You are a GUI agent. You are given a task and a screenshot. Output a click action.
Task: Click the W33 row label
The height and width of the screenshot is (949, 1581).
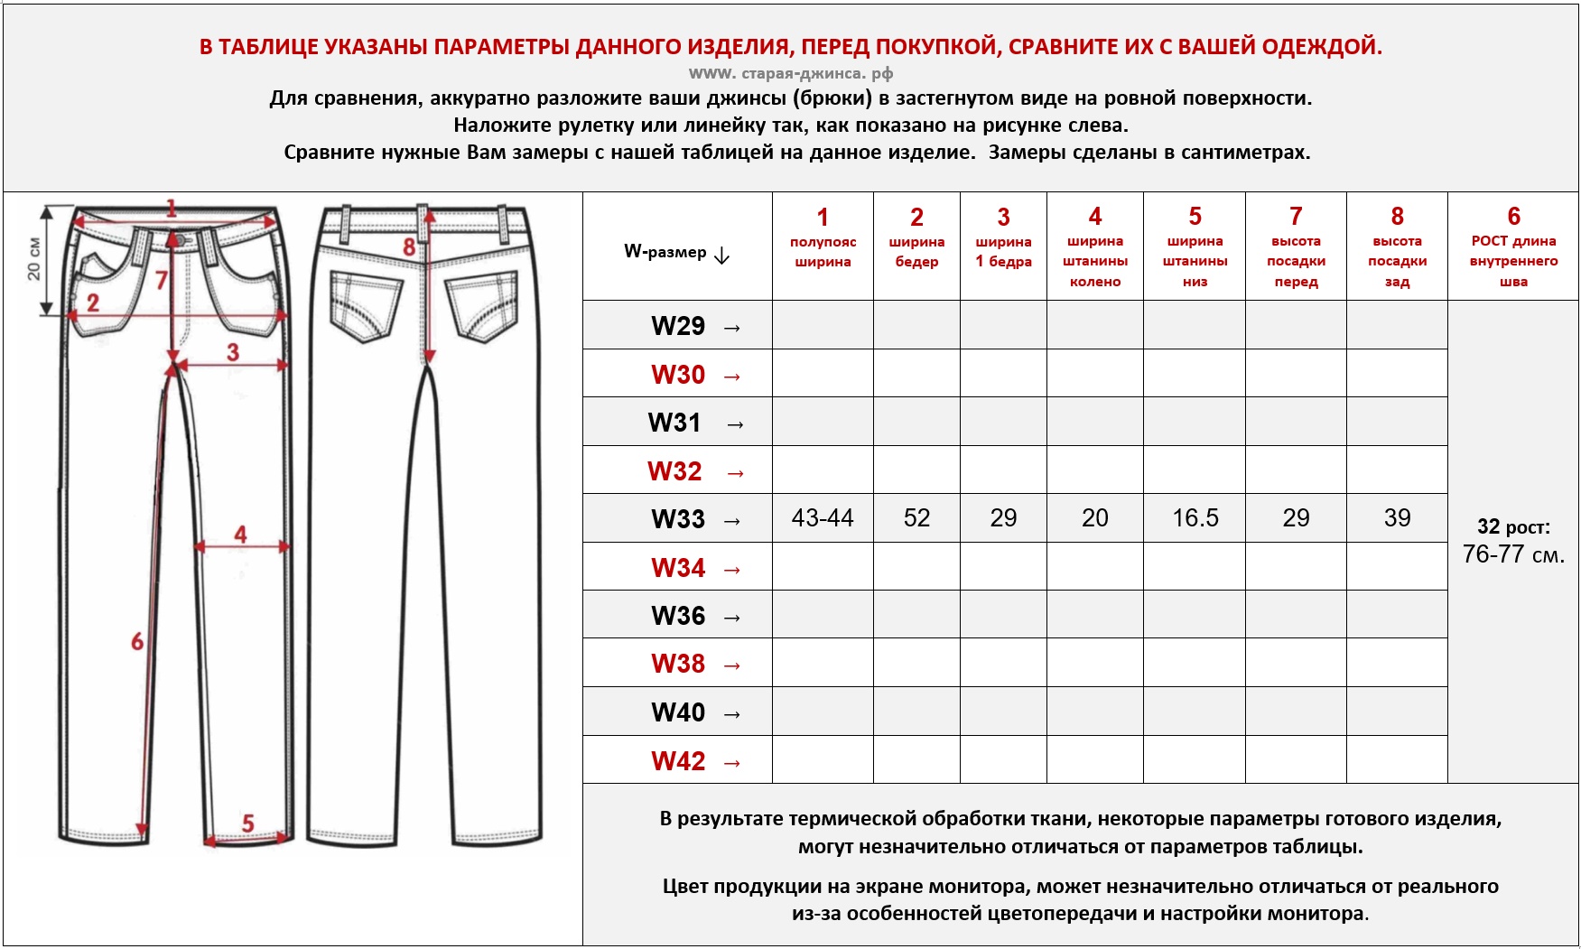(678, 519)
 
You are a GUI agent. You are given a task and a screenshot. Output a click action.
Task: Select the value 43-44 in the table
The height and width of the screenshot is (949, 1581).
(822, 518)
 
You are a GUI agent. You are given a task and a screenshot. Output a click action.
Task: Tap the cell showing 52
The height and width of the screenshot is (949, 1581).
(916, 518)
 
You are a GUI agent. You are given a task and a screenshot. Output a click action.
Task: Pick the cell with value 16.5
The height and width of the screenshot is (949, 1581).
(1195, 518)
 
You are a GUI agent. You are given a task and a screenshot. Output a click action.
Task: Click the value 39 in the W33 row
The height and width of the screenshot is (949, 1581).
(1397, 518)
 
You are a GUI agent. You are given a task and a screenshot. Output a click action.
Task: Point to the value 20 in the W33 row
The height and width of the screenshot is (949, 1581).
(1094, 518)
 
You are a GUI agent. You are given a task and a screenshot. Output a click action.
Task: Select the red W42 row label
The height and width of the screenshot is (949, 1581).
(678, 761)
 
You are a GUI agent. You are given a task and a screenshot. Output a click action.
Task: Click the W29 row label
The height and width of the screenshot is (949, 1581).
(678, 326)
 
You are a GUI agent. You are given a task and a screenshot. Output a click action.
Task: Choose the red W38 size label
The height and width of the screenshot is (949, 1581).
(678, 664)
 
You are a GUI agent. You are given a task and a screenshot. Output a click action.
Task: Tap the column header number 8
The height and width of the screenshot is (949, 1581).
(1397, 217)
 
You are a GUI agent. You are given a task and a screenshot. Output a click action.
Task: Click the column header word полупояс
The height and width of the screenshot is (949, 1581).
(823, 242)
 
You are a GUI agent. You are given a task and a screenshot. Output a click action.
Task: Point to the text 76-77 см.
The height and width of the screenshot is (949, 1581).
(1513, 554)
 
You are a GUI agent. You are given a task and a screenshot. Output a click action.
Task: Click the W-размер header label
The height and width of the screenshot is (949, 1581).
(665, 252)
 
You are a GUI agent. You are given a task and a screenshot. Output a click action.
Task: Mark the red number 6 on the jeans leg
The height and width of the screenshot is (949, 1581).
(137, 642)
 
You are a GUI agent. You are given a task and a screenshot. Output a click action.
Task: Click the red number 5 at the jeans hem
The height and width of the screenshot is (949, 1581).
(248, 823)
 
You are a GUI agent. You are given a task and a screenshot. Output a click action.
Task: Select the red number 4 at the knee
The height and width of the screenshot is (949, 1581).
(240, 534)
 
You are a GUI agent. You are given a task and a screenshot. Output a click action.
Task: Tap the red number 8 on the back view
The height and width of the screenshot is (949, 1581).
(409, 247)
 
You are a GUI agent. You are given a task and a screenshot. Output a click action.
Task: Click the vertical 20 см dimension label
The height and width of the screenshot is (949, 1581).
(34, 259)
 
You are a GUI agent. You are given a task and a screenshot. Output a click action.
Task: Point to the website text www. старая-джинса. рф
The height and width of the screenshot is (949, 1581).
(790, 73)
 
